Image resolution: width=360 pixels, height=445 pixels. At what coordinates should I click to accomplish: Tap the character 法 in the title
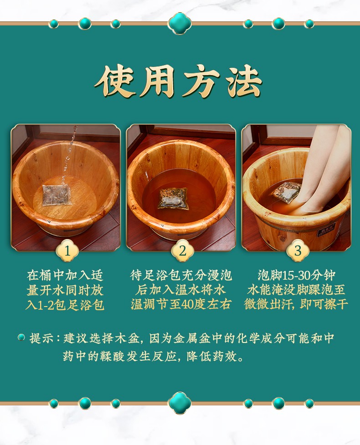(244, 82)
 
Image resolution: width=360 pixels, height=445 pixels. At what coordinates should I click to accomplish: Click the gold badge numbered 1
(67, 251)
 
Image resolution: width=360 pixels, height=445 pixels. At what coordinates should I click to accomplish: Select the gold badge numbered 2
(183, 251)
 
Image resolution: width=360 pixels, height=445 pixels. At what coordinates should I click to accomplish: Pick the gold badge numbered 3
(298, 251)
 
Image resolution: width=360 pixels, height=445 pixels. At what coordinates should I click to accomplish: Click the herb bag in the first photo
(56, 194)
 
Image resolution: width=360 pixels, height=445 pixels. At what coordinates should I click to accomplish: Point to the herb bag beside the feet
(287, 192)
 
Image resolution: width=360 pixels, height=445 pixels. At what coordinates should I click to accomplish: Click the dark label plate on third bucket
(326, 229)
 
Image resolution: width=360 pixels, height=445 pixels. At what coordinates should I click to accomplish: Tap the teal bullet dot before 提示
(21, 337)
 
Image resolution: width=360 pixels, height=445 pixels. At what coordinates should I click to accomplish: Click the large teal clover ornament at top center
(180, 23)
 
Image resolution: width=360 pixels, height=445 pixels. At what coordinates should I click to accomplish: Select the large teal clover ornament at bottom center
(180, 403)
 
